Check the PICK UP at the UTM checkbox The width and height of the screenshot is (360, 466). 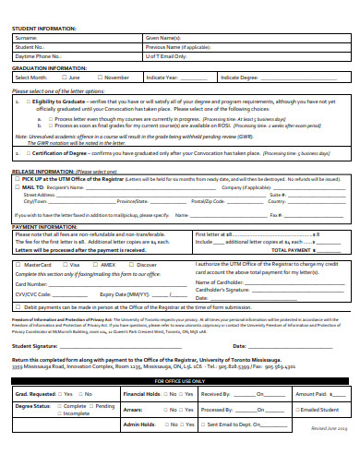pyautogui.click(x=18, y=179)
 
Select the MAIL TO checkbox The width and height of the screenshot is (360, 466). pyautogui.click(x=18, y=187)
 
